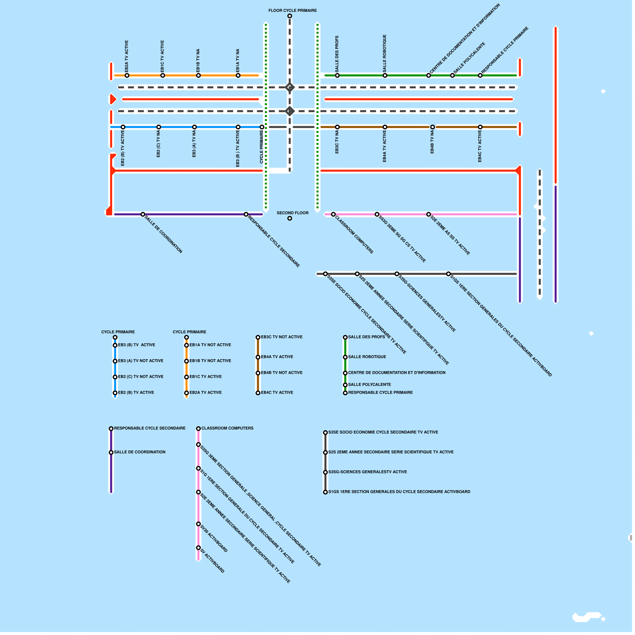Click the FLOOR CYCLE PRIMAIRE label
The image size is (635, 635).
[x=292, y=10]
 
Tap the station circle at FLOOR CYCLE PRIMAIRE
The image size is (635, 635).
[x=290, y=16]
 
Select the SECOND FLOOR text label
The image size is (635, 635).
[x=292, y=213]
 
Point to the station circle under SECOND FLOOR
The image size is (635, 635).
[x=290, y=218]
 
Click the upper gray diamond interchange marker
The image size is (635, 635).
[x=290, y=87]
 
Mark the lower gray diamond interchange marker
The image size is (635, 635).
[x=290, y=111]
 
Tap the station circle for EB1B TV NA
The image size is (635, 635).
[x=198, y=75]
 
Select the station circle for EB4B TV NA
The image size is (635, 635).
[x=433, y=127]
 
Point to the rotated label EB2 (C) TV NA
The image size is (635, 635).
[x=158, y=144]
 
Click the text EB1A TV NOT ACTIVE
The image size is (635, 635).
[x=210, y=345]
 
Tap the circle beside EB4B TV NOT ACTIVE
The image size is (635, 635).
[x=258, y=373]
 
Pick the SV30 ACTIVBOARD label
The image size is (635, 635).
[x=214, y=539]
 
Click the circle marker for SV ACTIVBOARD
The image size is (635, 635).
[x=198, y=548]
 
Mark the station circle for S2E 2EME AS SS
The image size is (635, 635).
[x=429, y=214]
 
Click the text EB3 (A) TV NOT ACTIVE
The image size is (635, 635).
[x=140, y=361]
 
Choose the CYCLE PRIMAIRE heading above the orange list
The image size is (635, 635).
[x=189, y=332]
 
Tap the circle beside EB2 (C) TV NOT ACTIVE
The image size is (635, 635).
[x=115, y=377]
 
